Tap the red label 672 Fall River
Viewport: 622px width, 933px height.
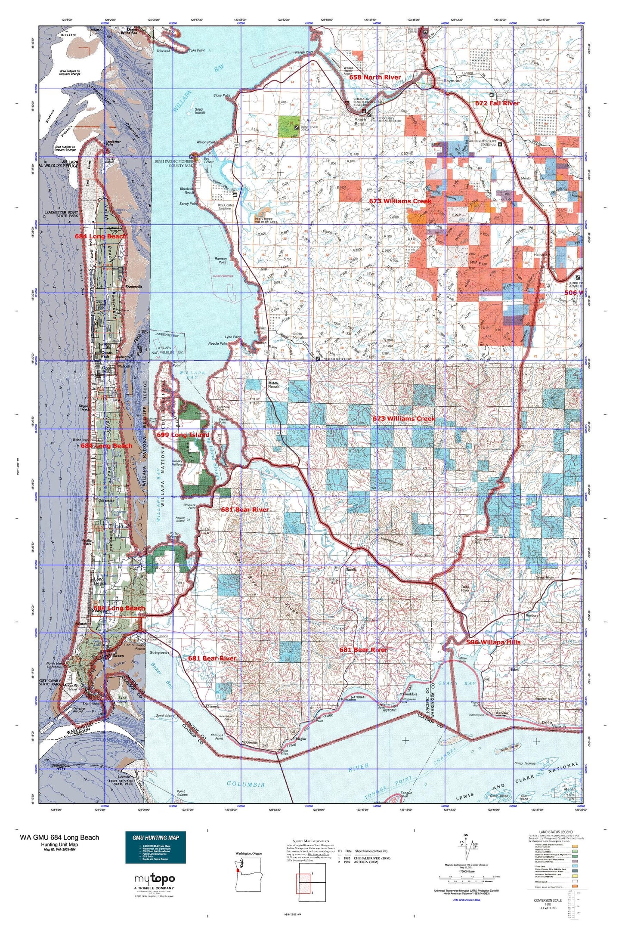pos(497,103)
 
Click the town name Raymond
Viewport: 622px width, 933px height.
pos(452,81)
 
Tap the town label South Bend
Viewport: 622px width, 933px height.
pos(360,121)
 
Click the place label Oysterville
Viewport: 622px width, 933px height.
pos(133,287)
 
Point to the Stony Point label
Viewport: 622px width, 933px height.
pos(222,95)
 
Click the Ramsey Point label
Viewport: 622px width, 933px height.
pos(220,260)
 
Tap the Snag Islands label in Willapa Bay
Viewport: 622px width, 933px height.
pos(200,111)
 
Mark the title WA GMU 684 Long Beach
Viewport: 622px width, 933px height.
pos(59,837)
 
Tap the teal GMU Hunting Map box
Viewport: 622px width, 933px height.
pos(155,846)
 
